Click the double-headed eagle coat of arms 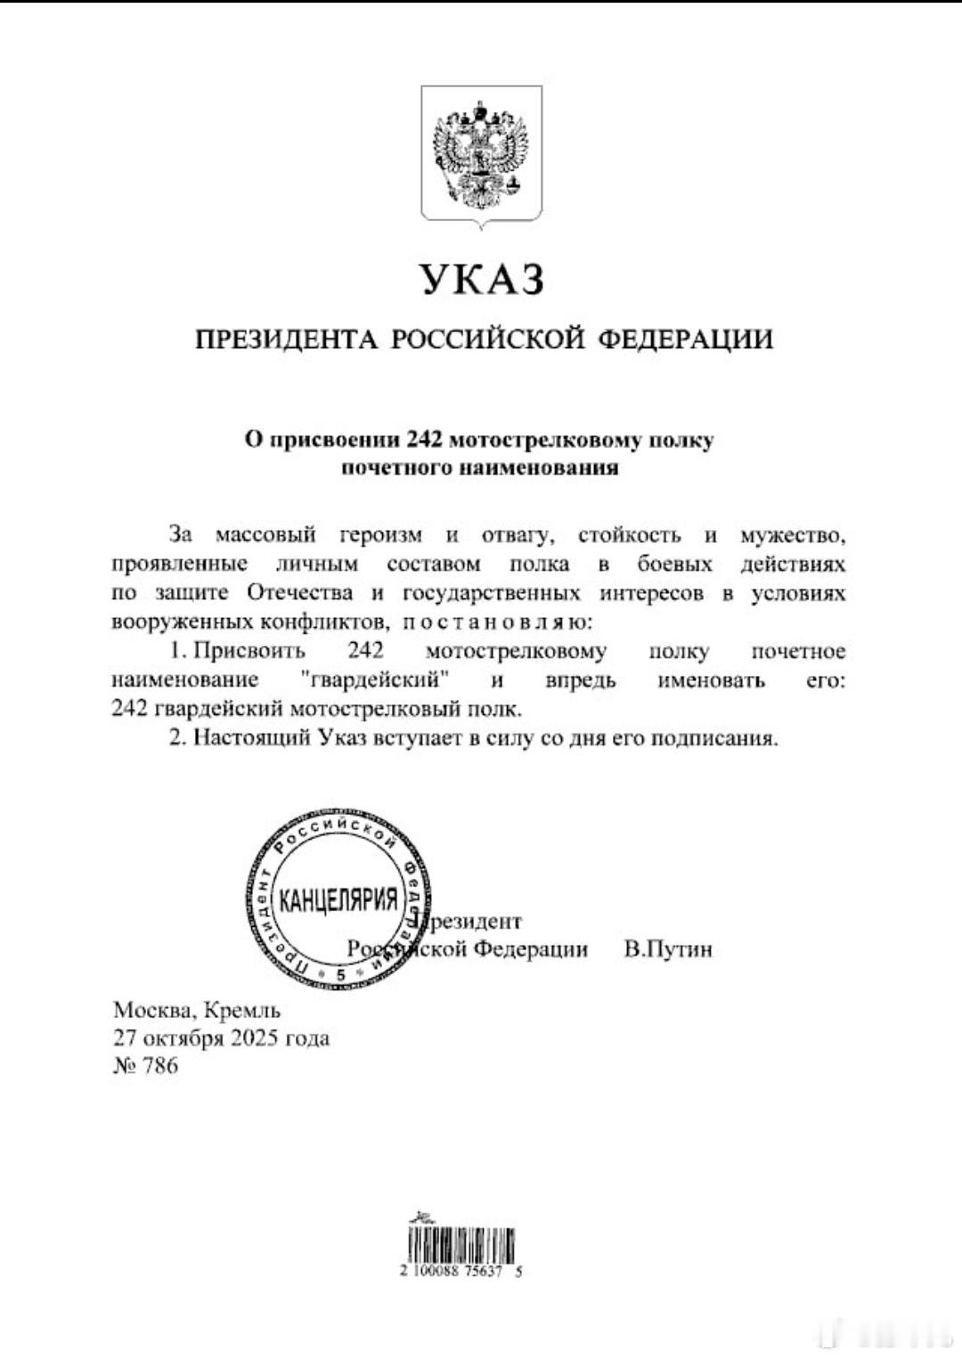(x=481, y=154)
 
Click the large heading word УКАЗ (x=481, y=279)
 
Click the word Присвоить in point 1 (x=249, y=651)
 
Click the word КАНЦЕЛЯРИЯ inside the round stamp (x=338, y=900)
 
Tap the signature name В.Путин (x=668, y=949)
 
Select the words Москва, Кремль (x=197, y=1011)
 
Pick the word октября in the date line (x=179, y=1038)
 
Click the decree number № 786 (x=146, y=1066)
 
